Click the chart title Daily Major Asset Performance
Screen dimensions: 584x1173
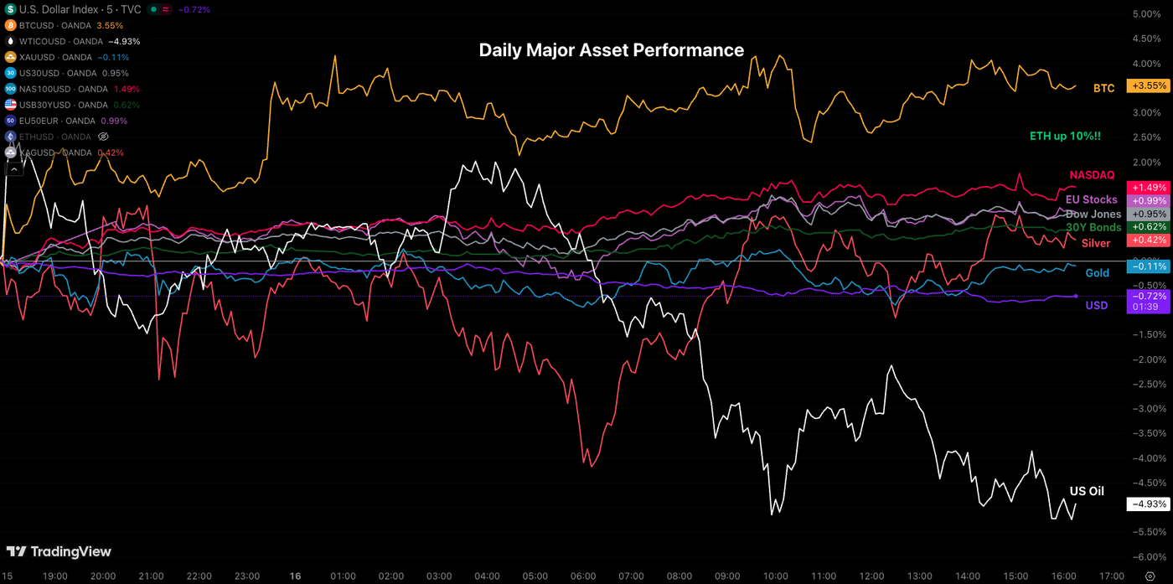click(611, 50)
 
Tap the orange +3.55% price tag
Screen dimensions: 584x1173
click(1148, 86)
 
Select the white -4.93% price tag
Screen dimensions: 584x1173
click(1148, 504)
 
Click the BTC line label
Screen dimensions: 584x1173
click(1103, 88)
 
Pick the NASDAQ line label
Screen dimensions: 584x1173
click(1092, 175)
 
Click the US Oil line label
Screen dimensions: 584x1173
click(1087, 491)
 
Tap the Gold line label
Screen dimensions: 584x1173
click(1097, 273)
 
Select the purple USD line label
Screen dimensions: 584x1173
click(1097, 306)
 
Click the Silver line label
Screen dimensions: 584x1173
click(1096, 243)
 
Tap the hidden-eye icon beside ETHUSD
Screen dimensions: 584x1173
click(104, 137)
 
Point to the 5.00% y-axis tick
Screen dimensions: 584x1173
click(1145, 14)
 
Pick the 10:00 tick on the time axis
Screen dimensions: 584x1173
click(776, 576)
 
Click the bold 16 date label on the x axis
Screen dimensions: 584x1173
click(294, 576)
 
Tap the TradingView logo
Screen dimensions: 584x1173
click(59, 551)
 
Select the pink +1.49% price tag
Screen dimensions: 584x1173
click(1148, 188)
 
